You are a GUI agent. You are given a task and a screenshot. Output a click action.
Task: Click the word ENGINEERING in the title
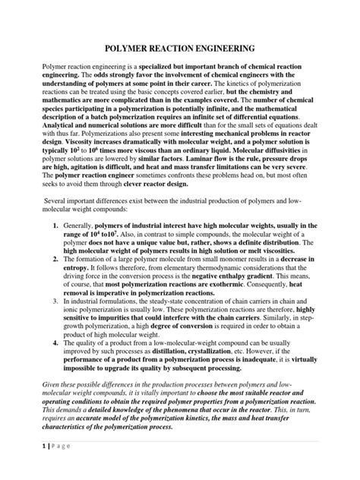tap(235, 48)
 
